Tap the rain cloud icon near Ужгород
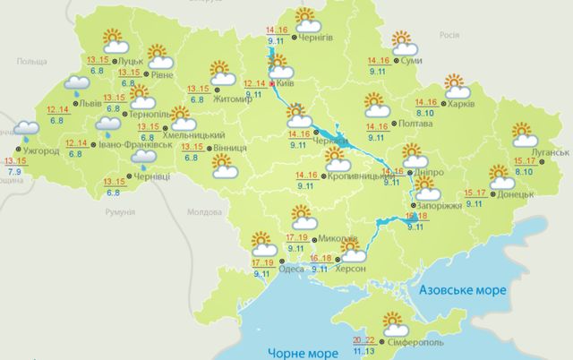[x=28, y=134]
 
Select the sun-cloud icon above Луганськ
[x=525, y=134]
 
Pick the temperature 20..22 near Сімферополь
[x=363, y=339]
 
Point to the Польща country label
[x=31, y=60]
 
